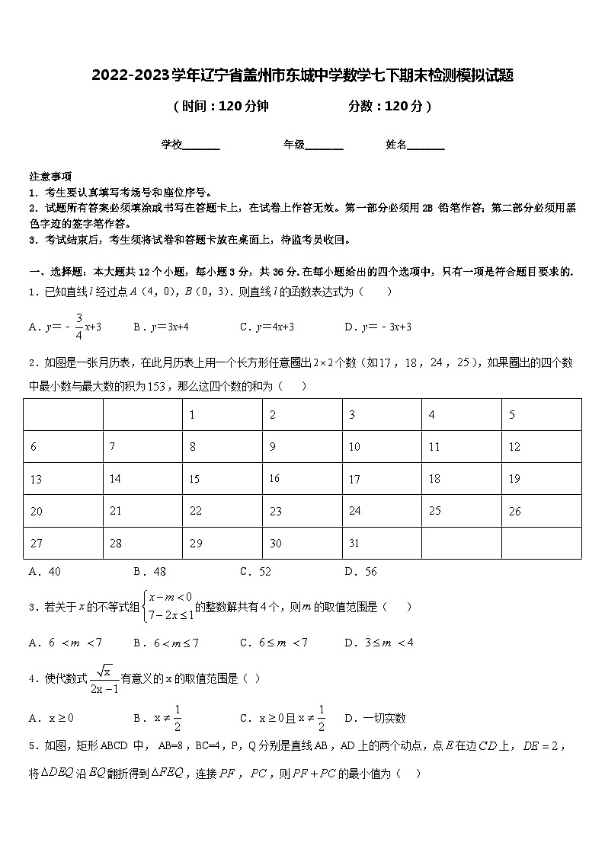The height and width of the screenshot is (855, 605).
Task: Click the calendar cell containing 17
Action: click(381, 479)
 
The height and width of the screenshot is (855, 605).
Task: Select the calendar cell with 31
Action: click(381, 543)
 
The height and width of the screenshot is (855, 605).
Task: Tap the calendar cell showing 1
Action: click(222, 415)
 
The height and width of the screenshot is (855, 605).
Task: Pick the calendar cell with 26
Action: click(541, 511)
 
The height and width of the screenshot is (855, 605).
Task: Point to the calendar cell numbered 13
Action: click(63, 479)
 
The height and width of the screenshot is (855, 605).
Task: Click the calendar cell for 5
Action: click(541, 415)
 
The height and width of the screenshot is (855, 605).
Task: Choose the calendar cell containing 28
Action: click(142, 543)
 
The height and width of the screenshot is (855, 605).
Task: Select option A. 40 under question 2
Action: click(45, 571)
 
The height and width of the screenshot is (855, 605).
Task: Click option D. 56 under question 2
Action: click(360, 571)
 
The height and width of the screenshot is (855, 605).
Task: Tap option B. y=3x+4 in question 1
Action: click(161, 327)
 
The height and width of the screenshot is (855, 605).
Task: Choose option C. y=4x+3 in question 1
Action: click(267, 327)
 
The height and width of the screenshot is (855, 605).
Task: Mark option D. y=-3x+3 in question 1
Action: click(378, 327)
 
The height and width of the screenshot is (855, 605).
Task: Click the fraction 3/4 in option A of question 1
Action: click(78, 327)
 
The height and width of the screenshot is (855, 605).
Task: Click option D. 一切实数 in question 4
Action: click(375, 717)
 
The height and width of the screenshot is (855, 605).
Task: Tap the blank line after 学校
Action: click(201, 145)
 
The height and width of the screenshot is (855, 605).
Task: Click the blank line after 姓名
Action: click(426, 145)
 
